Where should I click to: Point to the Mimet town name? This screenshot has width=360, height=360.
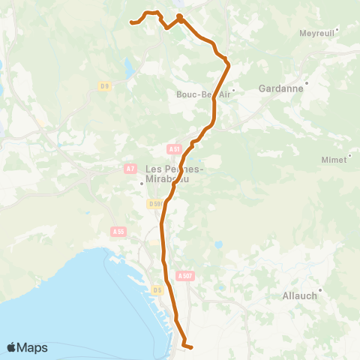coord(334,160)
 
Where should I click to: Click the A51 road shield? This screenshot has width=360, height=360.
coord(175,148)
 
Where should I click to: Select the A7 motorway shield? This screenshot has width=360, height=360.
coord(130,167)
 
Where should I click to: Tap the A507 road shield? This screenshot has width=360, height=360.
coord(184,276)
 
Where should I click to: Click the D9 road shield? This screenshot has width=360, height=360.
coord(104,86)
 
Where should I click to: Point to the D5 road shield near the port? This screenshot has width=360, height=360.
coord(157,289)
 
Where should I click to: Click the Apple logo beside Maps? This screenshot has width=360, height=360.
coord(12,347)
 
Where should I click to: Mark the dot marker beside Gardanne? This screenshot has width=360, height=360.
coord(307,82)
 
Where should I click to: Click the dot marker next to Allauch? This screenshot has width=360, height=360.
coord(320,290)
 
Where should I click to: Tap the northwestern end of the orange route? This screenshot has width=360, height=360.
coord(132,22)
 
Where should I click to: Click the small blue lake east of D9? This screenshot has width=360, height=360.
coord(128,70)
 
